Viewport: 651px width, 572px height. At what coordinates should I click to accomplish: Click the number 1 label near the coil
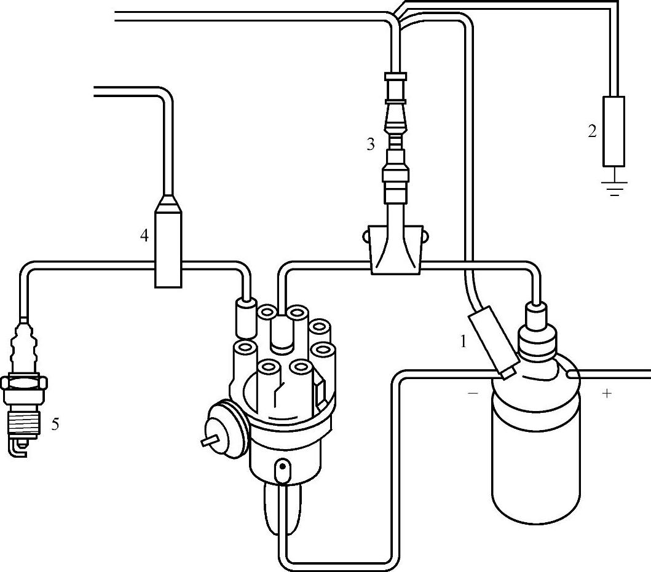point(464,342)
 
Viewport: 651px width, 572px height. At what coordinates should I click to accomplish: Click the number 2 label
point(592,131)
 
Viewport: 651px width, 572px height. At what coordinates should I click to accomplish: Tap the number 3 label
point(370,144)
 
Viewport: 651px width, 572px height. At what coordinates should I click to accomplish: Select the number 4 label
point(144,235)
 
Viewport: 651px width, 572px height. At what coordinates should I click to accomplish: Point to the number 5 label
point(55,424)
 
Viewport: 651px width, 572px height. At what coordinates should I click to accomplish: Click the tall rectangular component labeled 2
point(614,131)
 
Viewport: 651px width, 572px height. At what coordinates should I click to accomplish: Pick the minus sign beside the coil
point(473,393)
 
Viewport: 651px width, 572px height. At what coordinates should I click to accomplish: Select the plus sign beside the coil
point(607,393)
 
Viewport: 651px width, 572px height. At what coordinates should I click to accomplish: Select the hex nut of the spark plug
point(24,383)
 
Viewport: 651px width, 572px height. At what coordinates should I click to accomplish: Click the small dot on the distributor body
point(282,466)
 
